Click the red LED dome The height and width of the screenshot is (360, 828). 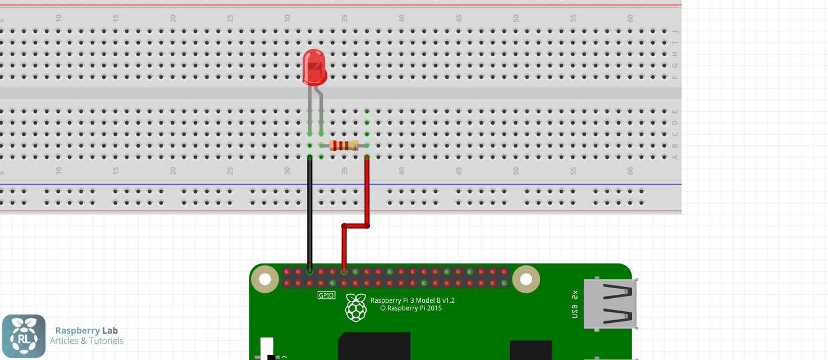(314, 66)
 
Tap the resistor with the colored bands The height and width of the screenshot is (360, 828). (344, 146)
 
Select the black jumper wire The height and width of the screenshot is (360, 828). (309, 213)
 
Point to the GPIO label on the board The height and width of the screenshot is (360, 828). (326, 295)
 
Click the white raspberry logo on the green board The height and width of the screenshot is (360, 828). (356, 307)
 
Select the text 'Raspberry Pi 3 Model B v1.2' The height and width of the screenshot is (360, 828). (413, 300)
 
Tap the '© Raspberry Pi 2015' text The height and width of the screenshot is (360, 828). (411, 308)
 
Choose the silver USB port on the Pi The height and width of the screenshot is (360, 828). (610, 304)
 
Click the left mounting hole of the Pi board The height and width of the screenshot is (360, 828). (264, 279)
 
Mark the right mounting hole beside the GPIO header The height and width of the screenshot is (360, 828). (526, 279)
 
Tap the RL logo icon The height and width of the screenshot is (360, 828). (24, 336)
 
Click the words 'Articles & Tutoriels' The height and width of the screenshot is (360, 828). (86, 341)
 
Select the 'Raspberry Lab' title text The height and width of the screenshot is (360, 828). (86, 331)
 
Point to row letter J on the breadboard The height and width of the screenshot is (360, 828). (675, 31)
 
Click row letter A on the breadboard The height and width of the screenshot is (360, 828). (675, 157)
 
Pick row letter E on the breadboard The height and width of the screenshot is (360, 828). (675, 112)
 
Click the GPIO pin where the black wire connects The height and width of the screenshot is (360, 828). (309, 271)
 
